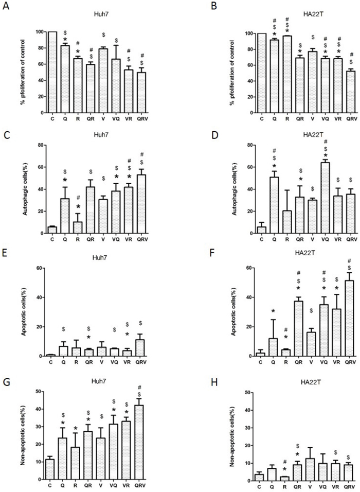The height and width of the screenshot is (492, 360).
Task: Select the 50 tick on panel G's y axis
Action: click(39, 392)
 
